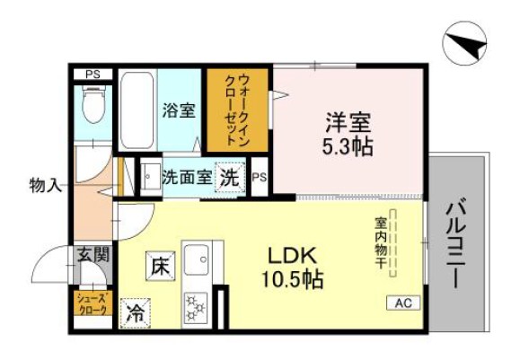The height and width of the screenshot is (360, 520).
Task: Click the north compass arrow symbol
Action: pyautogui.click(x=465, y=41)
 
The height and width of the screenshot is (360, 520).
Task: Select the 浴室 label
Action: pyautogui.click(x=179, y=110)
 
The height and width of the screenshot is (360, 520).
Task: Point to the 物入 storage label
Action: pyautogui.click(x=45, y=186)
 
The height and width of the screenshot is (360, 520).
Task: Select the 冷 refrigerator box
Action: pyautogui.click(x=135, y=313)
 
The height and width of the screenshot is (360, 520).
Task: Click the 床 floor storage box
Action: pyautogui.click(x=159, y=266)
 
